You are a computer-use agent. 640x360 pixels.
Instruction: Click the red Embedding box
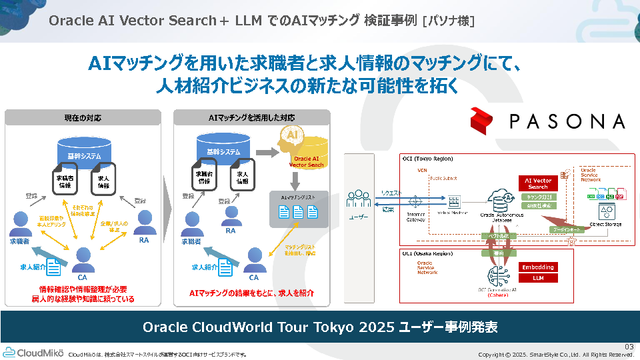coord(538,267)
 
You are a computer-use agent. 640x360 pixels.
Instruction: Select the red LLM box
coord(538,278)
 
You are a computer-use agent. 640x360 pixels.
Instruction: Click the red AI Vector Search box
coord(538,183)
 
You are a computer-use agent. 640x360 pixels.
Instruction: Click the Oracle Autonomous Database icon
coord(499,200)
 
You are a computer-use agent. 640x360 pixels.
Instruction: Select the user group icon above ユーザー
coord(359,198)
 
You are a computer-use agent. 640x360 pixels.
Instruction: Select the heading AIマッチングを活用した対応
coord(251,117)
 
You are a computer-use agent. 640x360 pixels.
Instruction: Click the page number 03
coord(629,346)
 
